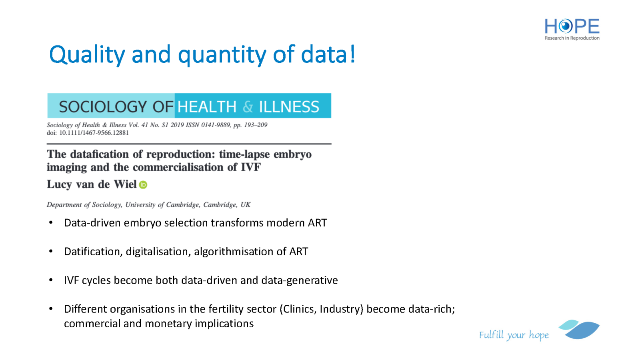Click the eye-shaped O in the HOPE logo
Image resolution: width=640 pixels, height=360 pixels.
pyautogui.click(x=566, y=26)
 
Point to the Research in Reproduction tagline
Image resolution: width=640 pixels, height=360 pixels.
pyautogui.click(x=572, y=38)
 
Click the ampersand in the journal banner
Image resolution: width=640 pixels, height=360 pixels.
pyautogui.click(x=248, y=107)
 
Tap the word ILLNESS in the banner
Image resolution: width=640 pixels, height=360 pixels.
pyautogui.click(x=289, y=107)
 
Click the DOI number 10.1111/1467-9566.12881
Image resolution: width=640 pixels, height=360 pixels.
pyautogui.click(x=94, y=133)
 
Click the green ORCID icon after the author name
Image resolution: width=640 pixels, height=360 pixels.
pyautogui.click(x=143, y=185)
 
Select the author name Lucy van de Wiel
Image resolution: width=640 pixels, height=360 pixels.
pyautogui.click(x=92, y=184)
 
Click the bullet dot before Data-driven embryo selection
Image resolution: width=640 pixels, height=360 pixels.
pyautogui.click(x=51, y=222)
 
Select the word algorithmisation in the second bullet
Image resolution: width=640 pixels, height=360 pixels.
pyautogui.click(x=234, y=252)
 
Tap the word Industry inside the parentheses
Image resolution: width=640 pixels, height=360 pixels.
pyautogui.click(x=340, y=309)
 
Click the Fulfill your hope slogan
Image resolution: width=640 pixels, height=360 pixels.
pyautogui.click(x=514, y=335)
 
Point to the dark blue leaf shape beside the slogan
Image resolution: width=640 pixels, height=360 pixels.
pyautogui.click(x=582, y=330)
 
